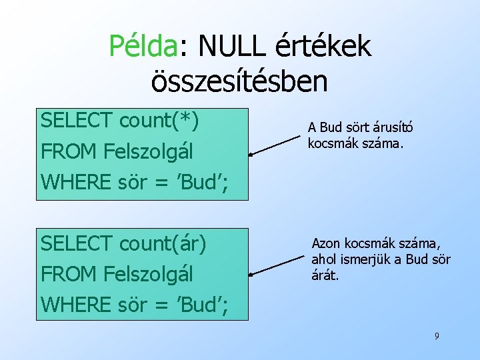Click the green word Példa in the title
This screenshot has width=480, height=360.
pos(143,47)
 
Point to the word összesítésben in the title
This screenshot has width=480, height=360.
pos(239,81)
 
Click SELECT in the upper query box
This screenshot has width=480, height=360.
pos(77,121)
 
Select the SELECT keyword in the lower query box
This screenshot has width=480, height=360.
pos(77,243)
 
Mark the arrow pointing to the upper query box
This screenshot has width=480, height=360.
pos(275,145)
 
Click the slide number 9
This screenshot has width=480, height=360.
pos(437,336)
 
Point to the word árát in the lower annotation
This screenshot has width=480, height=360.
pos(325,273)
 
